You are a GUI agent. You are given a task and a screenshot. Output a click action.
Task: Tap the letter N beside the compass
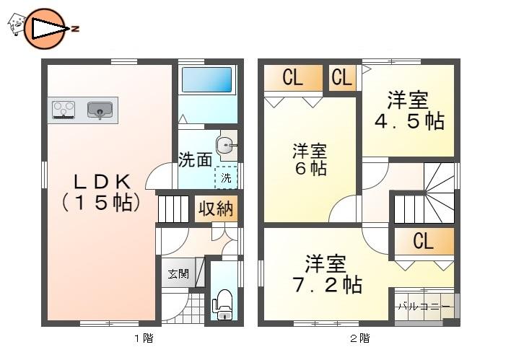point(74,29)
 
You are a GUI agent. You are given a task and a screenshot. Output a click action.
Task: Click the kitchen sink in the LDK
point(100,110)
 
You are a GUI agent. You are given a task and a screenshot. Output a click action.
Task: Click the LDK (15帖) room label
point(100,192)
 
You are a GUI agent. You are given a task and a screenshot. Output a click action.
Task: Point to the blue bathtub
point(206,80)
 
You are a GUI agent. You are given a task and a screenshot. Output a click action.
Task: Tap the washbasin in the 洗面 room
point(227,146)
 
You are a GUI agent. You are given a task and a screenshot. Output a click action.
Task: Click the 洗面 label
point(195,159)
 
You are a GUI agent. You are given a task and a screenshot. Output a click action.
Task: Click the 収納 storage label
point(215,209)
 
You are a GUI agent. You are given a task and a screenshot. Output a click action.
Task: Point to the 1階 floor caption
point(143,338)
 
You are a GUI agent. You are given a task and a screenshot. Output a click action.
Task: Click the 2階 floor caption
point(359,338)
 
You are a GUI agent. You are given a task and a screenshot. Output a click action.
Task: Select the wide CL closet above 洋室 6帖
point(292,78)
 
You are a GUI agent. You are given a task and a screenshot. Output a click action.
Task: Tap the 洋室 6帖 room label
point(310,159)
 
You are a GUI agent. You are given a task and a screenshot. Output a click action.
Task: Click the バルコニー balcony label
point(425,307)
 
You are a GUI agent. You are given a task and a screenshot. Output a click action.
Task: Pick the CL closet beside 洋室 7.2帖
point(423,242)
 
